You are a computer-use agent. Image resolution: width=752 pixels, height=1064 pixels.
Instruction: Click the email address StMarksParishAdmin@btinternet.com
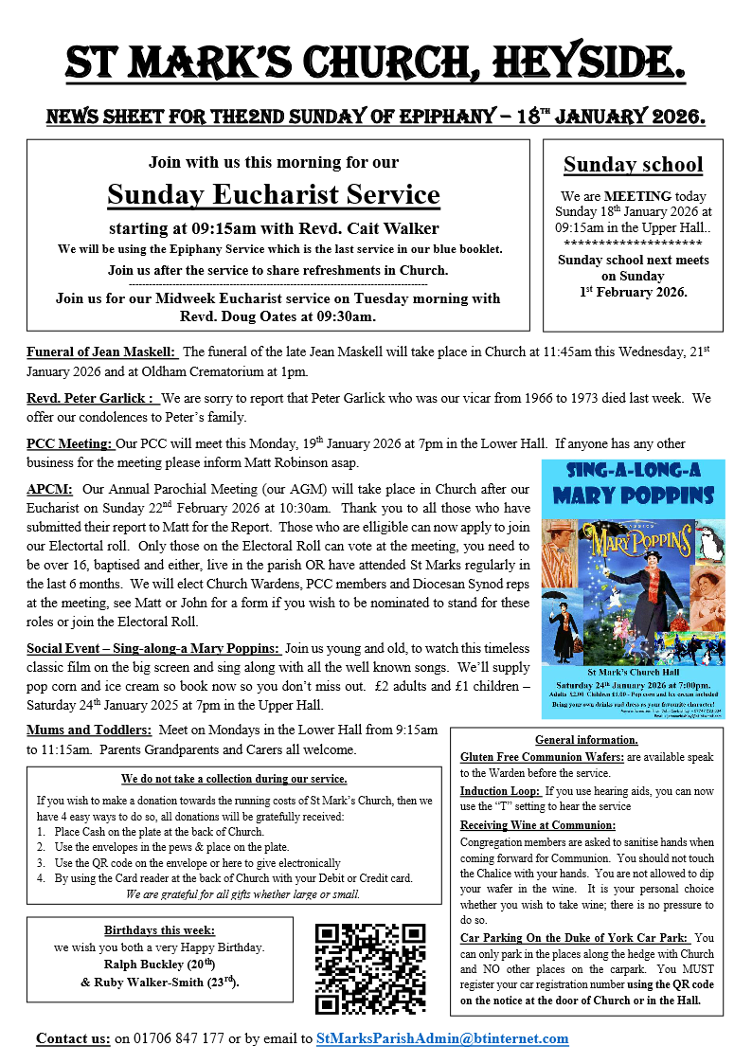[442, 1038]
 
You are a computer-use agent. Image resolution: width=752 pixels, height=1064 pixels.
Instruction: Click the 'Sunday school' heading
[633, 165]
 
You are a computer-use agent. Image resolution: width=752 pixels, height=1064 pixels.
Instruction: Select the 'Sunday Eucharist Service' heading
[274, 195]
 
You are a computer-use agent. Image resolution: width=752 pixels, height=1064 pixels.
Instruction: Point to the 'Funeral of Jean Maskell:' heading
[101, 352]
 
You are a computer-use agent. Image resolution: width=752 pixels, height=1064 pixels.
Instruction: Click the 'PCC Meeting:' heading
[69, 443]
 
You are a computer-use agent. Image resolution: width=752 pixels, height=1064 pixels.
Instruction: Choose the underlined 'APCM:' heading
[50, 490]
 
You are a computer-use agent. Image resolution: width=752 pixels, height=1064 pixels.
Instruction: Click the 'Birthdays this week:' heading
[147, 929]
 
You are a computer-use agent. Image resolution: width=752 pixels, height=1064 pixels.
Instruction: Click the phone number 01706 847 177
[170, 1038]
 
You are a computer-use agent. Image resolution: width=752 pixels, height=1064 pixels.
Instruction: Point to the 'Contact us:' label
[73, 1038]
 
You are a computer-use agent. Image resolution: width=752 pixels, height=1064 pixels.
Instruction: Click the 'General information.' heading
[586, 740]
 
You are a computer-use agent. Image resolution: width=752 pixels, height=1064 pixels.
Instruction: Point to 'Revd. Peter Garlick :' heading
[90, 398]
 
